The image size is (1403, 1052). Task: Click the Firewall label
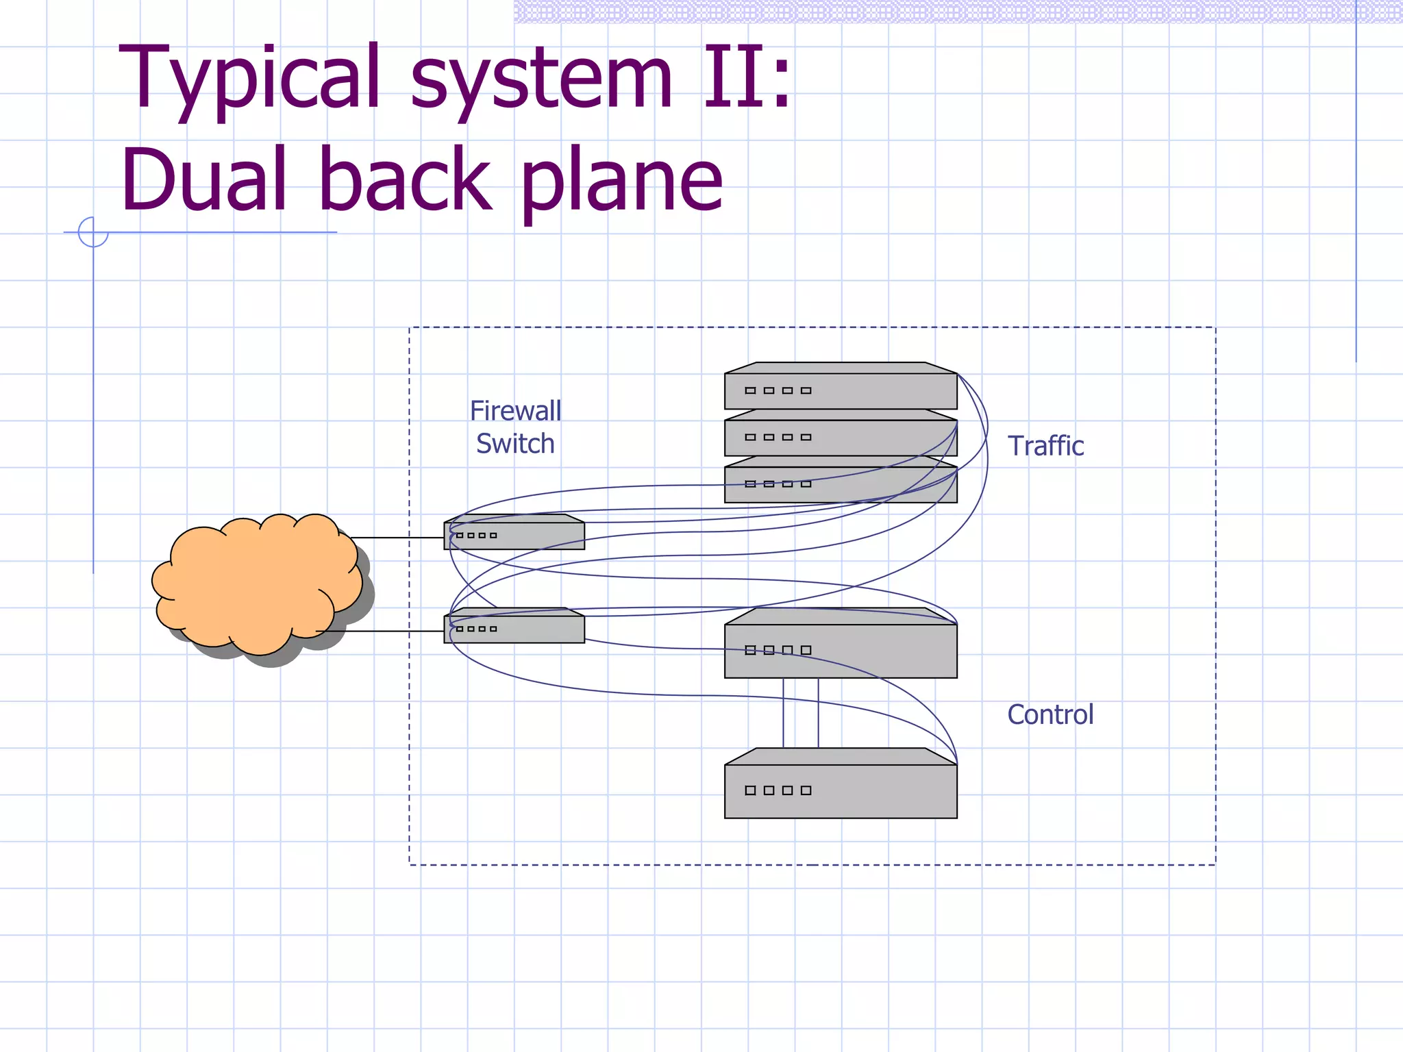[515, 411]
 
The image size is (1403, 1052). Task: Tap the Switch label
[515, 444]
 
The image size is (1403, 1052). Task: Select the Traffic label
[1045, 446]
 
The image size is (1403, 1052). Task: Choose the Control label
[1050, 714]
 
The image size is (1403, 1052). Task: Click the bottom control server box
[841, 791]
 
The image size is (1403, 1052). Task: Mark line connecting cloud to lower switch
[384, 631]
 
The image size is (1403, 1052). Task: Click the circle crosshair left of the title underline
[93, 232]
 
